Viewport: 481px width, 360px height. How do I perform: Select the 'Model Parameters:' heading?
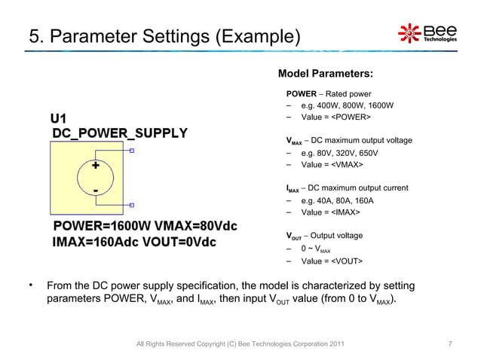point(325,74)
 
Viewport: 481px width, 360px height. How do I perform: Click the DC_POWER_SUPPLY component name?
point(119,134)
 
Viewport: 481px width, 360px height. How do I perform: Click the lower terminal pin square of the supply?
point(132,204)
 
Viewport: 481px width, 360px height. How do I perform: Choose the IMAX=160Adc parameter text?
point(99,243)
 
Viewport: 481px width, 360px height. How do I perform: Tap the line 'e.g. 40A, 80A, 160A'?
point(337,201)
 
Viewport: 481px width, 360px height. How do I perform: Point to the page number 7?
point(450,344)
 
